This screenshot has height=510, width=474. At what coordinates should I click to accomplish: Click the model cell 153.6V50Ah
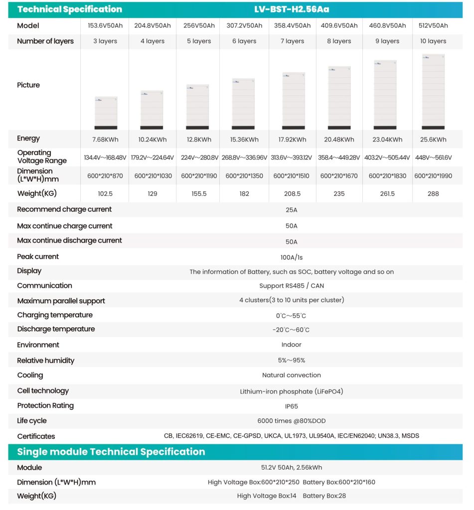(105, 26)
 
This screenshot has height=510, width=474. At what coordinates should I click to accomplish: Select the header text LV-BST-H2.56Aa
(292, 9)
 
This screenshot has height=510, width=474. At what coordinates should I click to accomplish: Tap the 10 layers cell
(433, 41)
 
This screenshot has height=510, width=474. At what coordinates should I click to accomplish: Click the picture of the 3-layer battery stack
(106, 113)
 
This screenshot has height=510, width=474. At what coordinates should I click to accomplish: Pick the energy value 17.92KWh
(292, 140)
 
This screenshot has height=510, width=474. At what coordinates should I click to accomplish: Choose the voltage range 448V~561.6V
(433, 158)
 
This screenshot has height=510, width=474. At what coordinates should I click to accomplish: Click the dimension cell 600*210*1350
(244, 176)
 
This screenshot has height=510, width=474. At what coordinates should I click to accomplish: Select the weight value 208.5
(292, 194)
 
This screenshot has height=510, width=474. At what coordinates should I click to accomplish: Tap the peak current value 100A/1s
(292, 257)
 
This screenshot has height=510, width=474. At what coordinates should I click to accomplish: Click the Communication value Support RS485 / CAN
(292, 286)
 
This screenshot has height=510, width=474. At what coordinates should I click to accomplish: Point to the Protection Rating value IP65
(292, 406)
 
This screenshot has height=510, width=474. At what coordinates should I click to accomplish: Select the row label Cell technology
(43, 391)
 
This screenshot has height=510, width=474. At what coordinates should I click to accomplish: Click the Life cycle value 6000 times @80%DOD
(292, 421)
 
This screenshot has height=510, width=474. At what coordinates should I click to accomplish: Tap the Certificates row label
(36, 436)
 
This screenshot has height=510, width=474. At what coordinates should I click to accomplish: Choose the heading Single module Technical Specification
(111, 452)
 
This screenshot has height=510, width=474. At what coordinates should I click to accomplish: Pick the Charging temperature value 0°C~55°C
(292, 316)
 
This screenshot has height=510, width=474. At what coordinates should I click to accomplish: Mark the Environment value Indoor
(292, 345)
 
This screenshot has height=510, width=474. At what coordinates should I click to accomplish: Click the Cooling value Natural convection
(292, 376)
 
